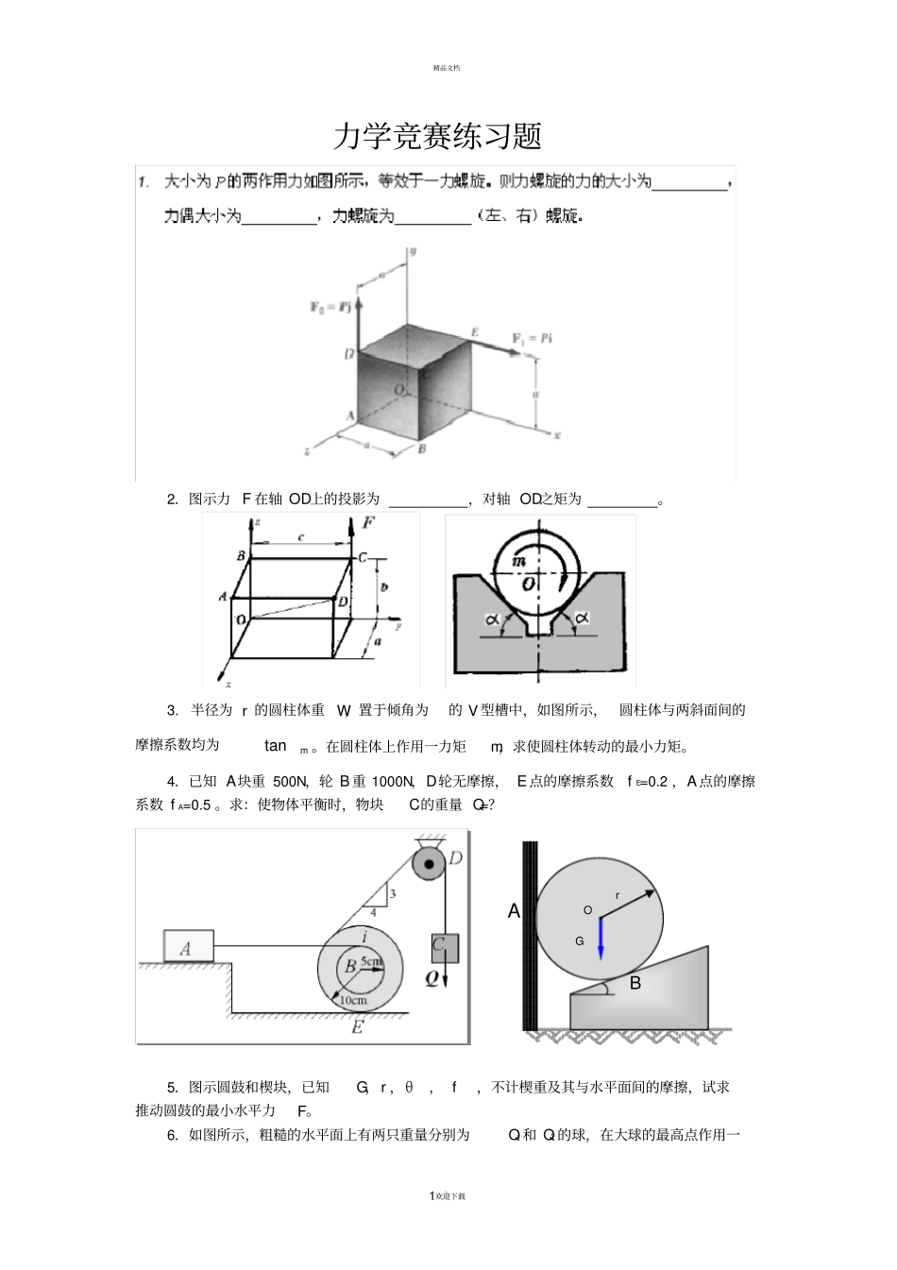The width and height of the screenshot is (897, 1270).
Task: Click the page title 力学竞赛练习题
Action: [437, 137]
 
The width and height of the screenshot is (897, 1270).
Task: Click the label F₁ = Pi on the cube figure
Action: [532, 338]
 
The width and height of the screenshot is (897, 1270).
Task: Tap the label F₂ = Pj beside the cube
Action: [330, 307]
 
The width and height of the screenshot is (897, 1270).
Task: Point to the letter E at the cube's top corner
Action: [475, 331]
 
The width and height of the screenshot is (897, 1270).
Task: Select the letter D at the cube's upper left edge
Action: [348, 353]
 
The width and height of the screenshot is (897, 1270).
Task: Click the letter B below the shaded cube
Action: [421, 449]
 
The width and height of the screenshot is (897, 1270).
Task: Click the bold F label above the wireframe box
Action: [369, 521]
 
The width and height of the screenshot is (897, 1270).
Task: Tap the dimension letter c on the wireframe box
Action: [301, 537]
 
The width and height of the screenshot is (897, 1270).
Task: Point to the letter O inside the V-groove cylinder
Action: [529, 584]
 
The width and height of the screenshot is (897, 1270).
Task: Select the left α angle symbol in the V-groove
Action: [492, 619]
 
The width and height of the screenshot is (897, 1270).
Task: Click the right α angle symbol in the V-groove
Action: [583, 618]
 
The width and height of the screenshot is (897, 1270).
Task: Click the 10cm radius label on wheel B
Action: [353, 1000]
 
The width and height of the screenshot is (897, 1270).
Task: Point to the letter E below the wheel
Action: [357, 1027]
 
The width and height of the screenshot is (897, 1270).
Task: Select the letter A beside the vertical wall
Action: [514, 911]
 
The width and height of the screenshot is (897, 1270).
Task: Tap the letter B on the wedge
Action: [635, 983]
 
